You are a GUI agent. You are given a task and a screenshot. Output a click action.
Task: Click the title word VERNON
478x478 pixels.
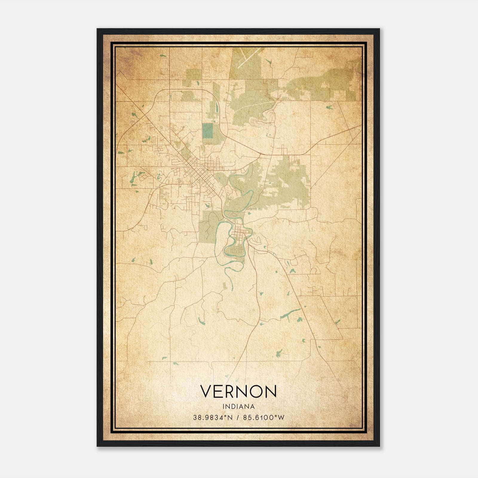pos(238,391)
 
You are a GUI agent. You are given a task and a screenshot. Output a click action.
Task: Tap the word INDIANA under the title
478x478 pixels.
pos(238,407)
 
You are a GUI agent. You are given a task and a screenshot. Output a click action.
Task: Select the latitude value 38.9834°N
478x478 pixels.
pos(213,417)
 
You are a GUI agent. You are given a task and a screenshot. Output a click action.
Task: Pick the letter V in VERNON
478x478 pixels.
pos(206,391)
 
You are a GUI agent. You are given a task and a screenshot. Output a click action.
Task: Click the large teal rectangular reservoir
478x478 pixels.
pos(207,131)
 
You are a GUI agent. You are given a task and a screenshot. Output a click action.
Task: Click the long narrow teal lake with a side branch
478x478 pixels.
pos(290,313)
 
